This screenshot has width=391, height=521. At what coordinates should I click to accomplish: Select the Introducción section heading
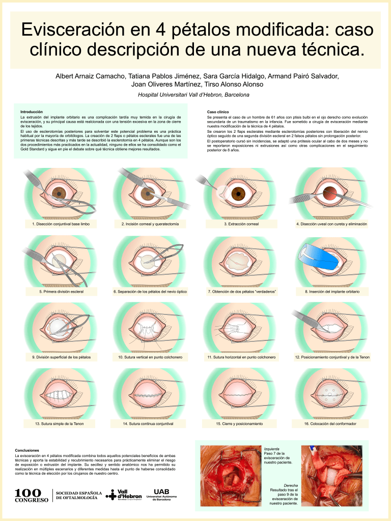coord(32,111)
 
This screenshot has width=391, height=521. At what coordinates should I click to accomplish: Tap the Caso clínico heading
coord(218,111)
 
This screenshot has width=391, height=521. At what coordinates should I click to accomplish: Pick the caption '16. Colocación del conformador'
coord(330,423)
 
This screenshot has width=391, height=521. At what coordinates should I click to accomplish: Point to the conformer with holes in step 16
coord(328,392)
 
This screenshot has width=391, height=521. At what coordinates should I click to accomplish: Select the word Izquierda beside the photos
coord(271,449)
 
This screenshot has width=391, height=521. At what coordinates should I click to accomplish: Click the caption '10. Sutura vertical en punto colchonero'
coord(150,357)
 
